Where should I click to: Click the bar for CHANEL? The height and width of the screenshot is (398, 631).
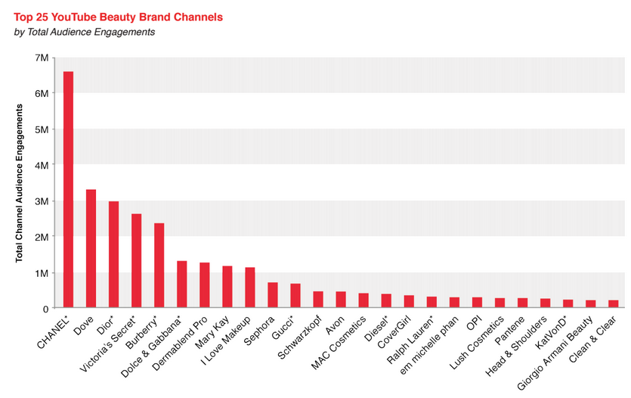point(68,189)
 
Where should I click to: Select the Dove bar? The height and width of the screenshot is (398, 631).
point(91,249)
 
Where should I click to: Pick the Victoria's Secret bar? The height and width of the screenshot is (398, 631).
point(136,261)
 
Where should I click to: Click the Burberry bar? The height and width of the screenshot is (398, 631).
point(159,266)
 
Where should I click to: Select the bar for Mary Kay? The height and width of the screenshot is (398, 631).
point(227,287)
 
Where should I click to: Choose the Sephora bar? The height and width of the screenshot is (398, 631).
point(273,295)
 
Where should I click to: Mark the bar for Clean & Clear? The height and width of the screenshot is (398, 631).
point(613,304)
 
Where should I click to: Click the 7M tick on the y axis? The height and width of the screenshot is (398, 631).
point(42,58)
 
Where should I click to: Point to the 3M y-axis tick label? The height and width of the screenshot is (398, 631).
point(42,201)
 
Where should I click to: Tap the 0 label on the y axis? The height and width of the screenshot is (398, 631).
point(46,309)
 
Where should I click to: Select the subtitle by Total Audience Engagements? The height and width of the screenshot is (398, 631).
point(85,32)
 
